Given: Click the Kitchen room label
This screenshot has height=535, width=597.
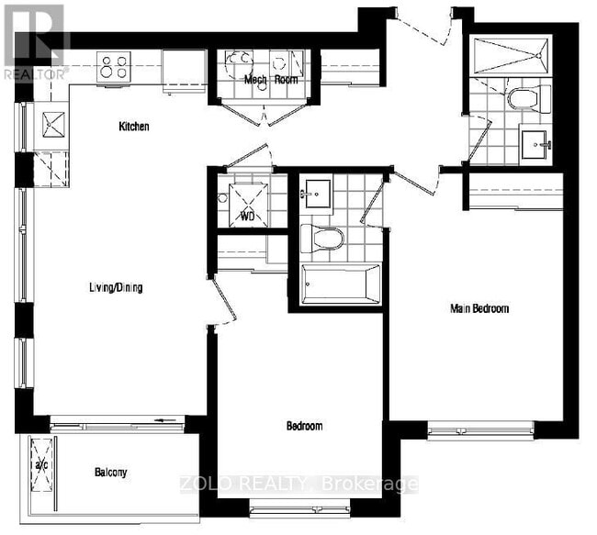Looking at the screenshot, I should pos(133,127).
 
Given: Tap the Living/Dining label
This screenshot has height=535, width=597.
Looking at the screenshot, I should pos(116,287).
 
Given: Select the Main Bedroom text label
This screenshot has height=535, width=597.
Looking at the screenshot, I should pos(479,308).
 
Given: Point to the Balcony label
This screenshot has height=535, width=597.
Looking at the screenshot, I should pos(110,473).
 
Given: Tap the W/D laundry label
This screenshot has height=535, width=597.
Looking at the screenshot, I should pos(247,217).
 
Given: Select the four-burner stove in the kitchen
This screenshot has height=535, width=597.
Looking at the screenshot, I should pos(113,65).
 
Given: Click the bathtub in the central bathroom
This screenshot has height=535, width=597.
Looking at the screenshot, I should pos(341,284).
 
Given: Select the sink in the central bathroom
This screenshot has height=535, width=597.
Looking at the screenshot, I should pos(317,194).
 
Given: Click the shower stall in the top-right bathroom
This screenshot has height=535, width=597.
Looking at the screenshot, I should pos(510,57).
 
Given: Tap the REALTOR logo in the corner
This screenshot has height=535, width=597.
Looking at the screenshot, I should pos(34,41).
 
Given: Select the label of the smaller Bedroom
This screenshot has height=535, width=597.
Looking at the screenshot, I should pos(304,427).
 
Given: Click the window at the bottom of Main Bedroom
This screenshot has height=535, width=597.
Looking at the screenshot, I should pos(479,427).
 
